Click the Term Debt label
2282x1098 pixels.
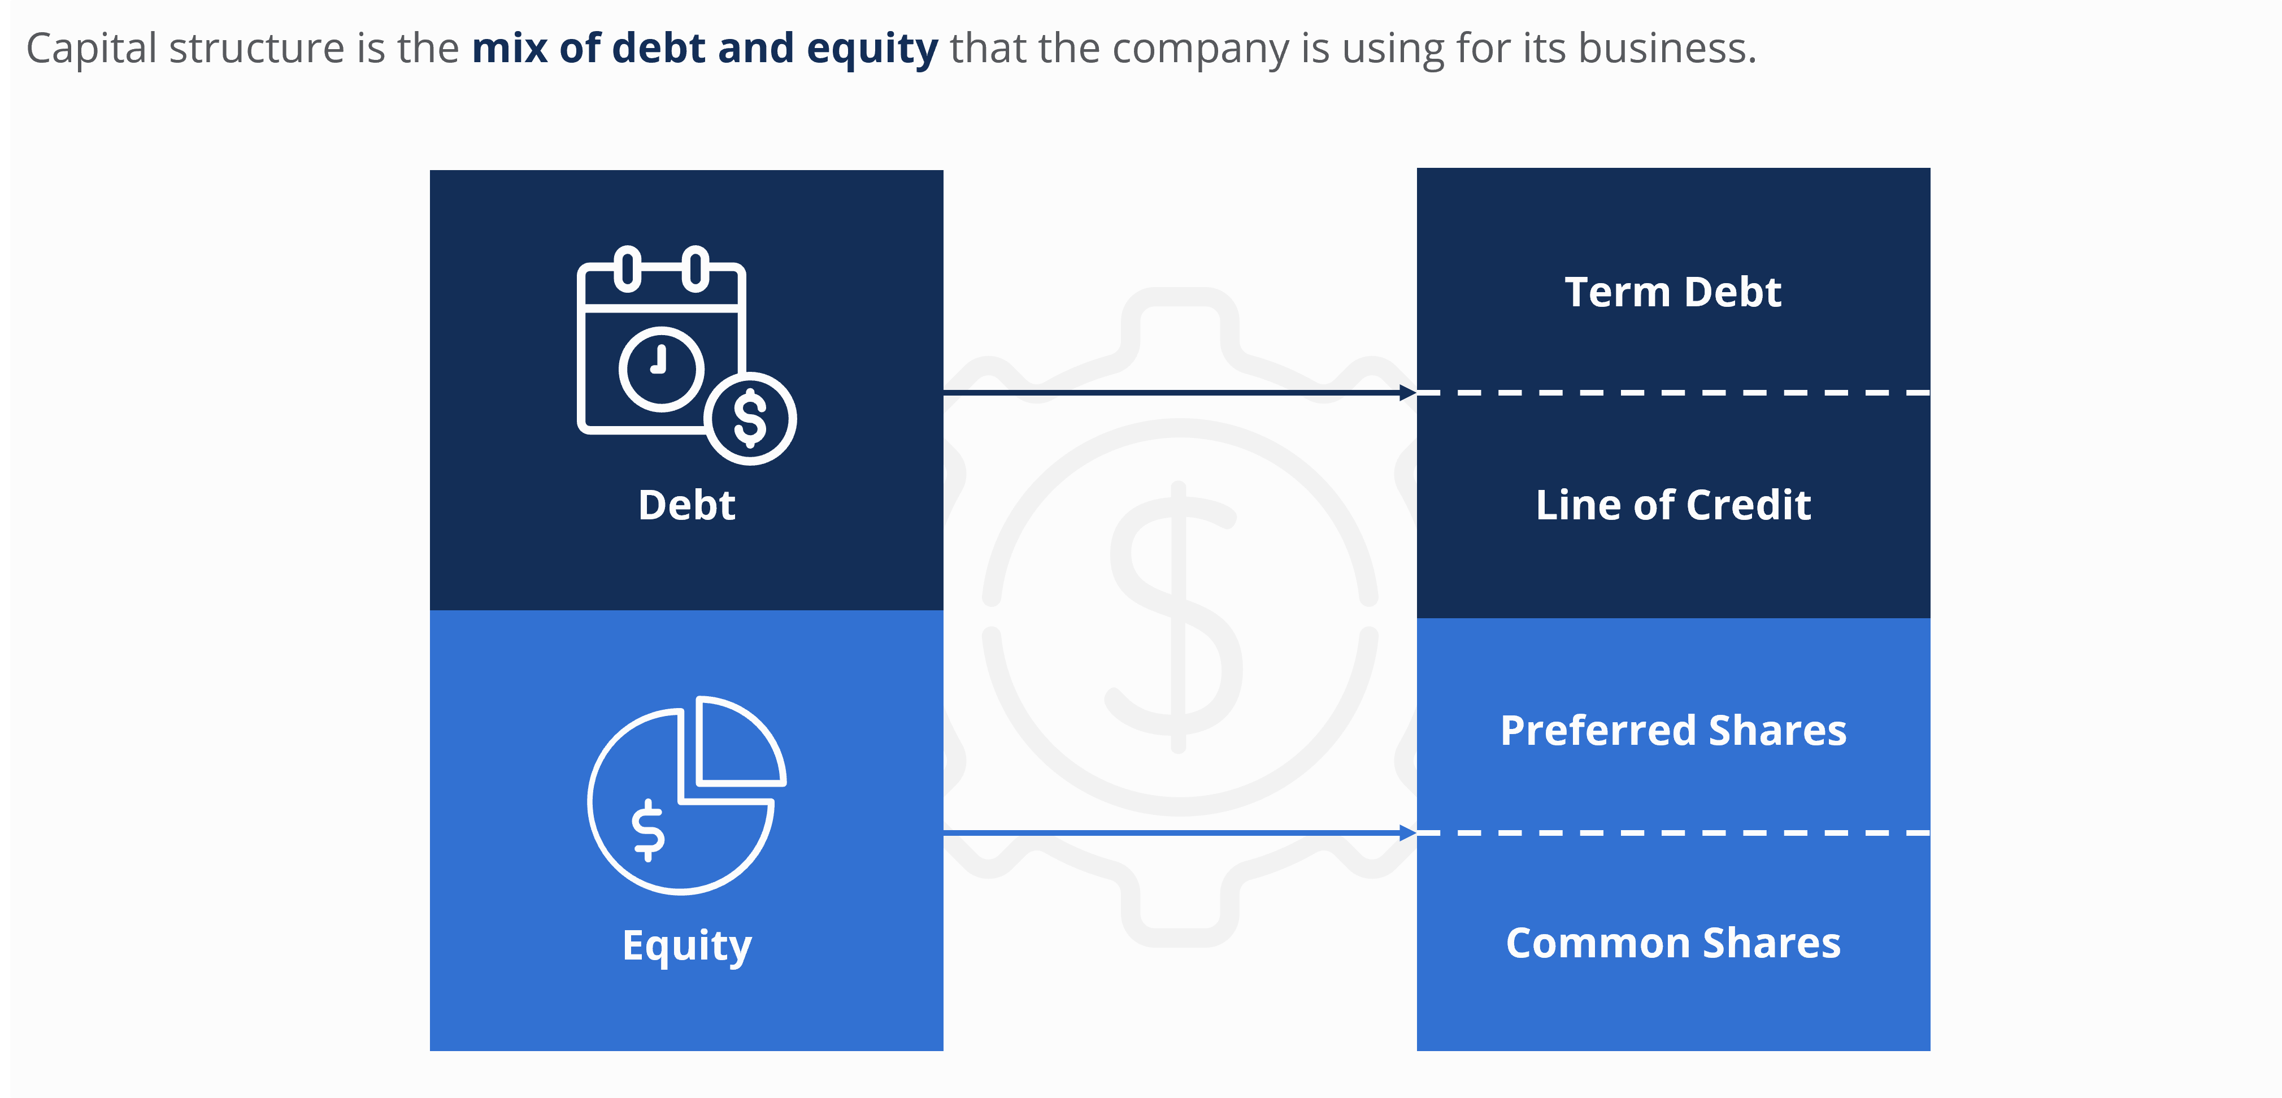point(1672,293)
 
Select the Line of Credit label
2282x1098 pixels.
point(1672,505)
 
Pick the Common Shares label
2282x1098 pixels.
point(1672,943)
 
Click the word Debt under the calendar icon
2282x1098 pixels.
point(686,505)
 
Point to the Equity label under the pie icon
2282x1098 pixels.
point(686,945)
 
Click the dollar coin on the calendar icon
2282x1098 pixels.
point(750,418)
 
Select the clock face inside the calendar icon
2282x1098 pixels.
point(661,368)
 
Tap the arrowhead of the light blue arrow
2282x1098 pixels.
point(1407,833)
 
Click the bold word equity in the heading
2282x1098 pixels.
point(872,49)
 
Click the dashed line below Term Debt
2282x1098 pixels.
point(1672,392)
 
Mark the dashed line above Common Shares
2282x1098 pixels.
point(1672,833)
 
